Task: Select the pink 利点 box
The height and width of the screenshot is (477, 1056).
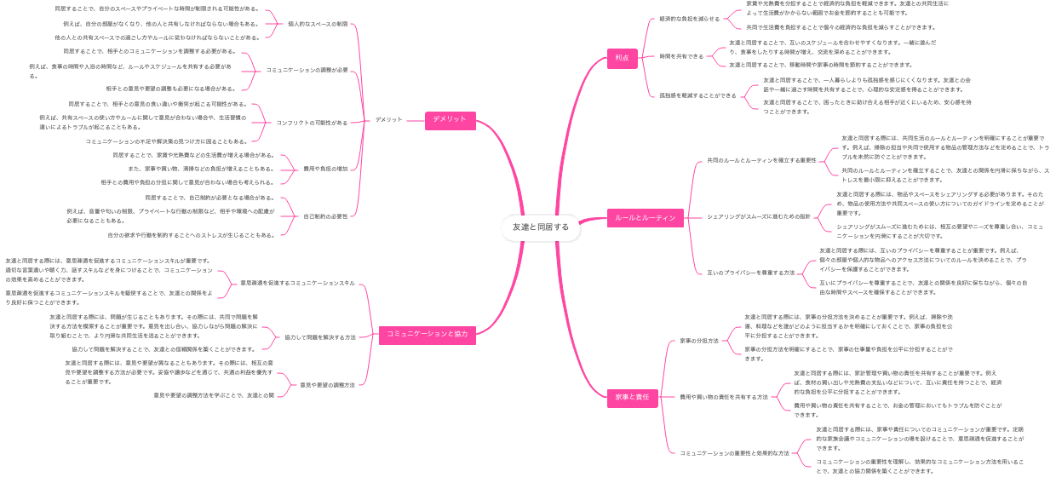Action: point(622,58)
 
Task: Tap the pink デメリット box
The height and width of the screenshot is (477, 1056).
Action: point(450,120)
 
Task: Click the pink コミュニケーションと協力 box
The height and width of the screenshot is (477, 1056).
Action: point(423,334)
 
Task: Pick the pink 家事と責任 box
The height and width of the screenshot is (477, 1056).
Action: point(632,397)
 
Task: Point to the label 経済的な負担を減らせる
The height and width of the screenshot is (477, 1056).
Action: point(690,19)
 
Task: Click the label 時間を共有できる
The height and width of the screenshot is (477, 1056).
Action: point(681,56)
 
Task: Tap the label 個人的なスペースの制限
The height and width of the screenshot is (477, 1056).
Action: point(318,24)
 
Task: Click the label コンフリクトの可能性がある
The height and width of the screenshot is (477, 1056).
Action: point(312,123)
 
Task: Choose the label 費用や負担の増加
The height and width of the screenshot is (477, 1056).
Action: point(325,169)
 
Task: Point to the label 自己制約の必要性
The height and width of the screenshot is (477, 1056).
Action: point(325,216)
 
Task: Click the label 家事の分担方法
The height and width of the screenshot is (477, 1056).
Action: point(699,341)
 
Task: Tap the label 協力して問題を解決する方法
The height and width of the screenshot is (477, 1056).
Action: point(320,337)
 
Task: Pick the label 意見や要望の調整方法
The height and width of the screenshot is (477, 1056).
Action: point(327,385)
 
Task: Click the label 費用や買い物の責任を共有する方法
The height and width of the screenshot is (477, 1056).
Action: point(723,397)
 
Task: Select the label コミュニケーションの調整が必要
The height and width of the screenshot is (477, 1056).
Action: point(307,70)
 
